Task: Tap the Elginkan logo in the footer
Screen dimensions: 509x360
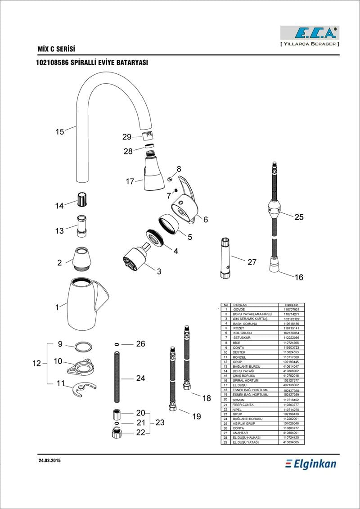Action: pyautogui.click(x=311, y=463)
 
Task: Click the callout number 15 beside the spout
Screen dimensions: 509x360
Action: pyautogui.click(x=60, y=131)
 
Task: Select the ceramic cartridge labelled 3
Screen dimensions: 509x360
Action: pyautogui.click(x=135, y=258)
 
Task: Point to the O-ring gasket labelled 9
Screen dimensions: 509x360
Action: pyautogui.click(x=82, y=347)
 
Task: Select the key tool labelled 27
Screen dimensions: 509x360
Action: pyautogui.click(x=226, y=258)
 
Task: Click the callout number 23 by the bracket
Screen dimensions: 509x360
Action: pyautogui.click(x=160, y=423)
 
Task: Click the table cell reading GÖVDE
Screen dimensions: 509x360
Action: pyautogui.click(x=238, y=310)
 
